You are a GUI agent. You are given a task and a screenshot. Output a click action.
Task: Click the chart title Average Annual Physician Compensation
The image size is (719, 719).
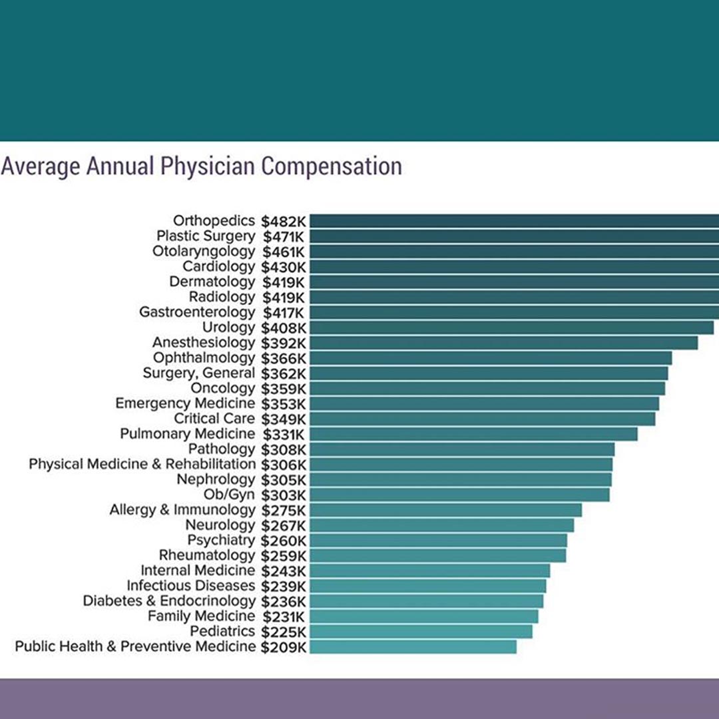point(201,166)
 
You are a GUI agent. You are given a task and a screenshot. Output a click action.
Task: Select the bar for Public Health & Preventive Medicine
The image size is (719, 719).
point(413,646)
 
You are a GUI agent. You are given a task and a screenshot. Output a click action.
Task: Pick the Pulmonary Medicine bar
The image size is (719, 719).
point(473,434)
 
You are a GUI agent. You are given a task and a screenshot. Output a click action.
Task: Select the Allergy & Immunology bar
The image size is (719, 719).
point(445,510)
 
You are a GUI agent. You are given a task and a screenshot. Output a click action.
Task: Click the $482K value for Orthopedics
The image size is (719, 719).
point(284,221)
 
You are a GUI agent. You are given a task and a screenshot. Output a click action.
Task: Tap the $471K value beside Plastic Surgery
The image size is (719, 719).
point(284,236)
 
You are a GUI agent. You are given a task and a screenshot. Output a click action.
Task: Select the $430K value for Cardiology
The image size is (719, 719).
point(284,267)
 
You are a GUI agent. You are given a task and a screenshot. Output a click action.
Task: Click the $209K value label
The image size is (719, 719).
point(284,646)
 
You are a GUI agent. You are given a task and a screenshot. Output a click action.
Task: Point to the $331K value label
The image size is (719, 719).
point(284,434)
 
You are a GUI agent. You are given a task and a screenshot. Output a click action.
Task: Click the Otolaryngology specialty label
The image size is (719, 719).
point(204,252)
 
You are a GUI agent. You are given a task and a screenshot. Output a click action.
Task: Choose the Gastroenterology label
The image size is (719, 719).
point(197,312)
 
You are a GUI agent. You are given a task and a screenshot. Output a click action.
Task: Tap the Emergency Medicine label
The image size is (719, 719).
point(185,403)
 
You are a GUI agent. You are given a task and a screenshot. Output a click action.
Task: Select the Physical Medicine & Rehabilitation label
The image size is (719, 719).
point(142,464)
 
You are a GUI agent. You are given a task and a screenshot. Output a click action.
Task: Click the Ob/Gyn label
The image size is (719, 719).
point(230,495)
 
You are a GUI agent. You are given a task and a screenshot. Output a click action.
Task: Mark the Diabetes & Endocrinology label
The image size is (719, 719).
point(169,600)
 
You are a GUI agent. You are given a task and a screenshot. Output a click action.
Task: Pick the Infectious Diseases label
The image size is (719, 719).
point(191,586)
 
